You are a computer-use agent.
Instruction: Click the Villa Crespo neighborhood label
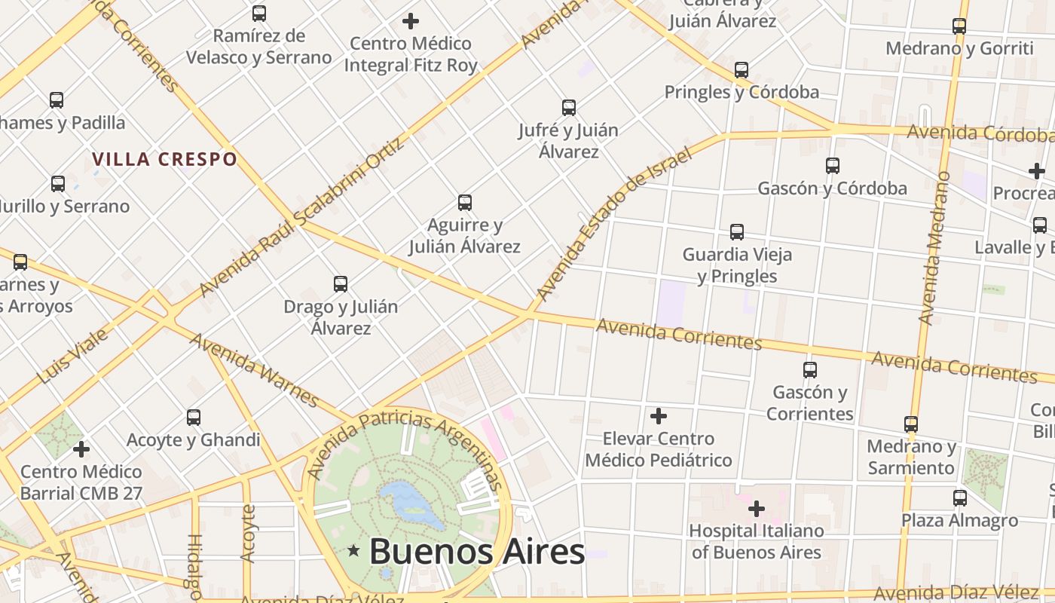coord(164,159)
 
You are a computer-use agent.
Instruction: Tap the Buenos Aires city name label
coord(476,551)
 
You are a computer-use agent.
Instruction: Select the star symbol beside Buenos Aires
coord(353,551)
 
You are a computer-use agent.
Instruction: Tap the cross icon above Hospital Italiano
coord(756,509)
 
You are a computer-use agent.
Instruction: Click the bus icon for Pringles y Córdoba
coord(742,70)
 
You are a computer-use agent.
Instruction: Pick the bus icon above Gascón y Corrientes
coord(810,370)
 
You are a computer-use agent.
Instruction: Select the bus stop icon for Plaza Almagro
coord(959,498)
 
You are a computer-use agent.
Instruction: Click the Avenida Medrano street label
coord(933,249)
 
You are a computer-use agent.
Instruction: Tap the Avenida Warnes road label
coord(254,369)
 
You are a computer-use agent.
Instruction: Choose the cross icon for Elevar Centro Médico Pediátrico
coord(659,416)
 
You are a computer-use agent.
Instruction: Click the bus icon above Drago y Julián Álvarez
coord(341,284)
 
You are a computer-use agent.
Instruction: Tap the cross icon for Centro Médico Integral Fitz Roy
coord(411,21)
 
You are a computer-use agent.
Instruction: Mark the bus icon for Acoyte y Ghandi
coord(194,418)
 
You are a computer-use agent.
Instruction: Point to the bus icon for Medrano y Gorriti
coord(959,26)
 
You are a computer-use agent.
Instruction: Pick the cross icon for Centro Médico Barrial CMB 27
coord(81,450)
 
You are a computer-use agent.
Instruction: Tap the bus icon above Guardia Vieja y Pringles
coord(737,232)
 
